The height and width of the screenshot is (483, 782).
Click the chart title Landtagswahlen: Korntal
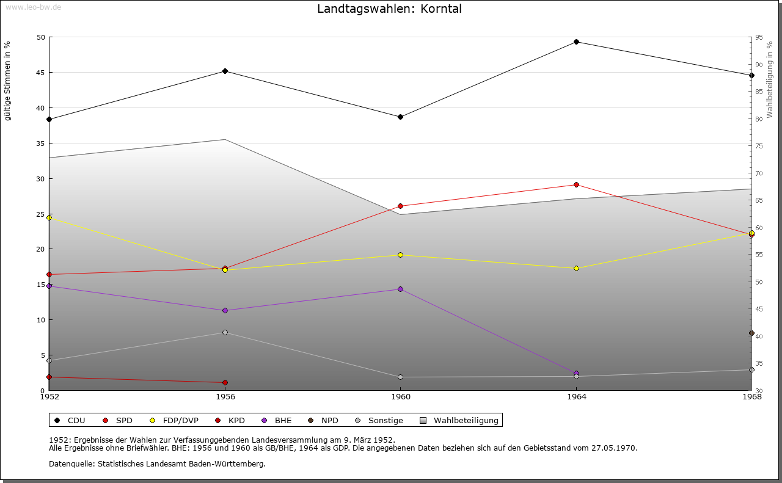(389, 9)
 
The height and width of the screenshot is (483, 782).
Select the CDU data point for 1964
(576, 42)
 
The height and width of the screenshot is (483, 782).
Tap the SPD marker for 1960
(400, 206)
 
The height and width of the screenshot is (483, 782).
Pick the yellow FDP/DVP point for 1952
(49, 218)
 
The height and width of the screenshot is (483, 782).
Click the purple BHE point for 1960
(400, 289)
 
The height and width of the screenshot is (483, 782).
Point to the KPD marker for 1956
(225, 383)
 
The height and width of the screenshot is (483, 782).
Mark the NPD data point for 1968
(751, 333)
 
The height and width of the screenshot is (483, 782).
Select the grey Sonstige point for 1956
(225, 333)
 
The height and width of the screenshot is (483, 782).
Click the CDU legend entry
(70, 421)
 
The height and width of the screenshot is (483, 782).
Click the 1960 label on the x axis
(400, 397)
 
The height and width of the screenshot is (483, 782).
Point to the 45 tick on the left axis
(40, 73)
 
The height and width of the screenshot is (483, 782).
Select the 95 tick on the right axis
(758, 38)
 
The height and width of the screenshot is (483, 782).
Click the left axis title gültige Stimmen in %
(8, 81)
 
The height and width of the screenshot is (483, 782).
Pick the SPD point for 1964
(576, 185)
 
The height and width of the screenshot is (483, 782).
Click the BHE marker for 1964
(576, 373)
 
